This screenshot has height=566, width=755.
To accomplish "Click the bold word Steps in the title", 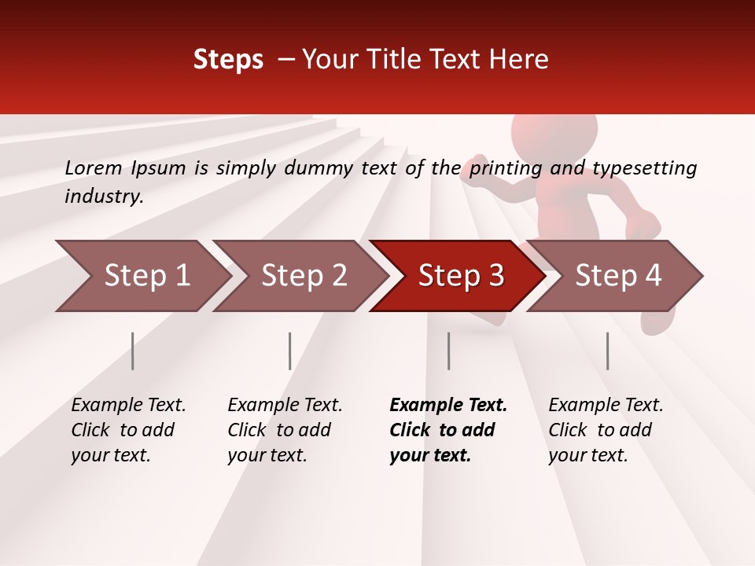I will pyautogui.click(x=228, y=60).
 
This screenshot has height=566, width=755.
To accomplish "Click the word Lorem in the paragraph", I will pyautogui.click(x=94, y=167).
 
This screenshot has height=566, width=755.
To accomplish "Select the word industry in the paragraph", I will pyautogui.click(x=103, y=196).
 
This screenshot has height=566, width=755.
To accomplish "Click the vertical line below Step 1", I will pyautogui.click(x=133, y=351).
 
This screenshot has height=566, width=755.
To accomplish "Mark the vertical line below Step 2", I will pyautogui.click(x=290, y=351).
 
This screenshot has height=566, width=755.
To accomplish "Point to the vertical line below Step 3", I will pyautogui.click(x=449, y=351).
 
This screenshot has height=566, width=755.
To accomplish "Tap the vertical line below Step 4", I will pyautogui.click(x=608, y=351).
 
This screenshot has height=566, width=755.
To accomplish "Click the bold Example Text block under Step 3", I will pyautogui.click(x=448, y=430).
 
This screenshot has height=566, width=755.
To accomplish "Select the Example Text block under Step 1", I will pyautogui.click(x=128, y=430).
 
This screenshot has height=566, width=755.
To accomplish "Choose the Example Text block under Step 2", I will pyautogui.click(x=285, y=430).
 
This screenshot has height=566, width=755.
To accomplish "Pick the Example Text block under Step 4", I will pyautogui.click(x=606, y=430).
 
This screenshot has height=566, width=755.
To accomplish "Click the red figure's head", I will pyautogui.click(x=554, y=138).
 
